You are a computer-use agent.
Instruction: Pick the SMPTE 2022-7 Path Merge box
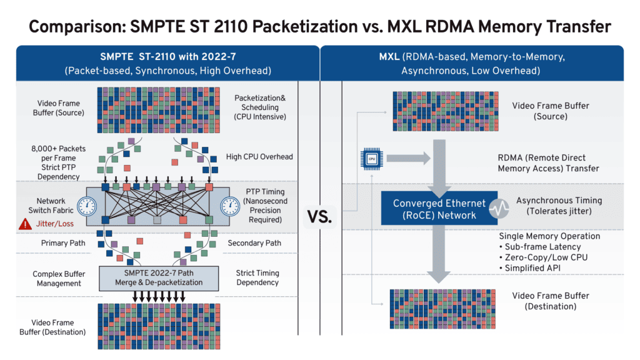(159, 277)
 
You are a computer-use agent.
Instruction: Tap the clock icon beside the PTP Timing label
(230, 206)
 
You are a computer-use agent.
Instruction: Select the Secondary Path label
(254, 242)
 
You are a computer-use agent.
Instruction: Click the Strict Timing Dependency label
(257, 277)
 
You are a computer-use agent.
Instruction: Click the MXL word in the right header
(389, 57)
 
